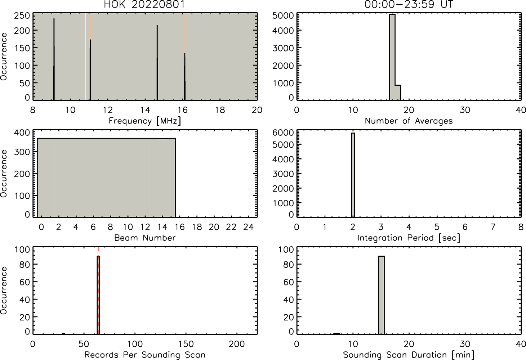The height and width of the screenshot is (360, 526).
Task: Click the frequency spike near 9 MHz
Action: (x=54, y=59)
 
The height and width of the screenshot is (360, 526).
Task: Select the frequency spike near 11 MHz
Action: (x=90, y=70)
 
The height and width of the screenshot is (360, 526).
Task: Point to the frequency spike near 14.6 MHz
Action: (x=157, y=63)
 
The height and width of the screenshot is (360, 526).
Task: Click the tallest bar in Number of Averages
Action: (x=392, y=57)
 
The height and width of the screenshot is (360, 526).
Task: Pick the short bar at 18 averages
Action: (x=398, y=93)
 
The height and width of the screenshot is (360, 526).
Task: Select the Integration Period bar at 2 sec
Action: (x=353, y=175)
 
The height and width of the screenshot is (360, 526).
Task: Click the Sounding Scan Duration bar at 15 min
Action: (x=381, y=295)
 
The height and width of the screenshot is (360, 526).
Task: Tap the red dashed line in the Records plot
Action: (x=98, y=290)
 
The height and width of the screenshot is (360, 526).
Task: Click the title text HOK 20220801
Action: (x=145, y=4)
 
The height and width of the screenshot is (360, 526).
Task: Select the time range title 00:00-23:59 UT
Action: (x=409, y=4)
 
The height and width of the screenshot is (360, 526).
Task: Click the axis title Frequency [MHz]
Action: (x=145, y=121)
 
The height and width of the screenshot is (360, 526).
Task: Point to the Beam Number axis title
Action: (x=145, y=238)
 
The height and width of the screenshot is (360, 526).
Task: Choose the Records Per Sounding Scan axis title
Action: (x=145, y=355)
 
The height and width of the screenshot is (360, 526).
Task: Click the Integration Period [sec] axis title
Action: (x=409, y=238)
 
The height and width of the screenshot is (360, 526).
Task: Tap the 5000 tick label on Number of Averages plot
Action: (x=283, y=16)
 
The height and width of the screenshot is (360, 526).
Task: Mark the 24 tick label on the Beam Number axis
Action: (x=249, y=227)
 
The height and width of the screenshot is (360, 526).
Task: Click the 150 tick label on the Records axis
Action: (x=186, y=344)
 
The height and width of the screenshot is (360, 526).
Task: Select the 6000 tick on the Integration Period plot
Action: (x=283, y=132)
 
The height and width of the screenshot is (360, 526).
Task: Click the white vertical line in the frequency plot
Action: (x=85, y=57)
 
